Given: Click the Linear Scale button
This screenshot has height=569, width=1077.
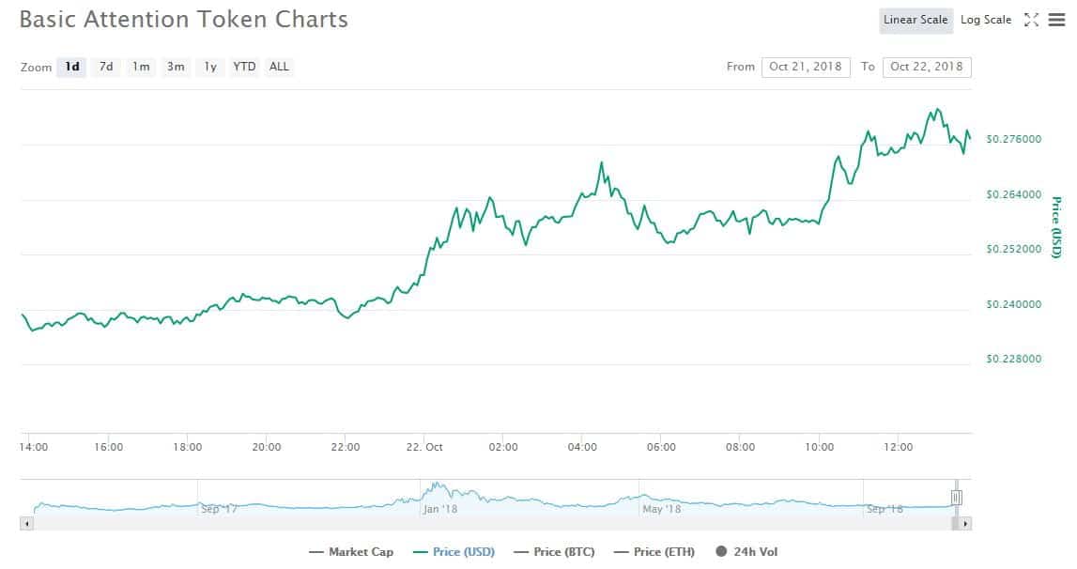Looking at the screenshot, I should pos(915,20).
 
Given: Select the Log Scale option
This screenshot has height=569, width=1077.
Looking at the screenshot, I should pos(986,20).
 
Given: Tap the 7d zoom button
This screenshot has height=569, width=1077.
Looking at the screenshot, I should pos(106,67).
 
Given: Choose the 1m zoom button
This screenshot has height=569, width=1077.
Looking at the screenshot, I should pos(141,67).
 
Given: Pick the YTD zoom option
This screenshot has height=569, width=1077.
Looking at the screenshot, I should pos(244,67).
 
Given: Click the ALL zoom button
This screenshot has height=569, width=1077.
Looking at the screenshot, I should pos(279,67).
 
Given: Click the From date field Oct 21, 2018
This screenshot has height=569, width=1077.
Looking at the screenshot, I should pos(806,67).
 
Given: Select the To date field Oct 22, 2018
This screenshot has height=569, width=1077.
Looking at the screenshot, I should pos(927,67).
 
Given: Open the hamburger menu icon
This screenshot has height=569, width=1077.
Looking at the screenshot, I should pos(1056,20).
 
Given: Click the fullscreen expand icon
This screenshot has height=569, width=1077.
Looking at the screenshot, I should pos(1031,20).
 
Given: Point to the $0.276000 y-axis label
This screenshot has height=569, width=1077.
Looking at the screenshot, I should pos(1013,140).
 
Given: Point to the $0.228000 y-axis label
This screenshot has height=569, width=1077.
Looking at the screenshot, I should pos(1013,360).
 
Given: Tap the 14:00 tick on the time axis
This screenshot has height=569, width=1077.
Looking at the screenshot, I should pos(34,448).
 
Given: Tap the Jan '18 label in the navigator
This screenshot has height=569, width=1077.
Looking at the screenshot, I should pos(439,509).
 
